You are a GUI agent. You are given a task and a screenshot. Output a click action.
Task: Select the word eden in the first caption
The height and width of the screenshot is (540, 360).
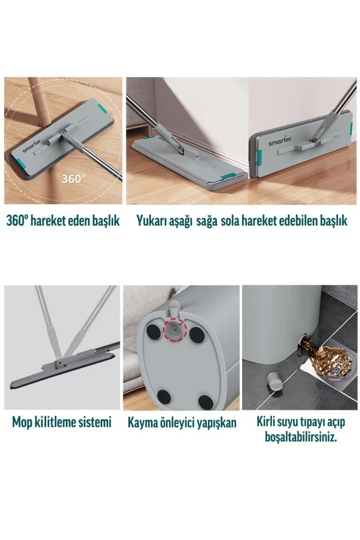(81, 221)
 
